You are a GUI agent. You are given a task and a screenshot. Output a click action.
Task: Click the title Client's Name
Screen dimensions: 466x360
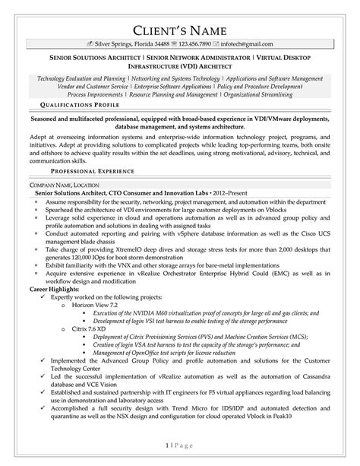179,30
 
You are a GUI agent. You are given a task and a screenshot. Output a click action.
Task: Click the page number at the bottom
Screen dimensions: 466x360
180,443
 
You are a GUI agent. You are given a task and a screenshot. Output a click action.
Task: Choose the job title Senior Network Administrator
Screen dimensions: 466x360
187,58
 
